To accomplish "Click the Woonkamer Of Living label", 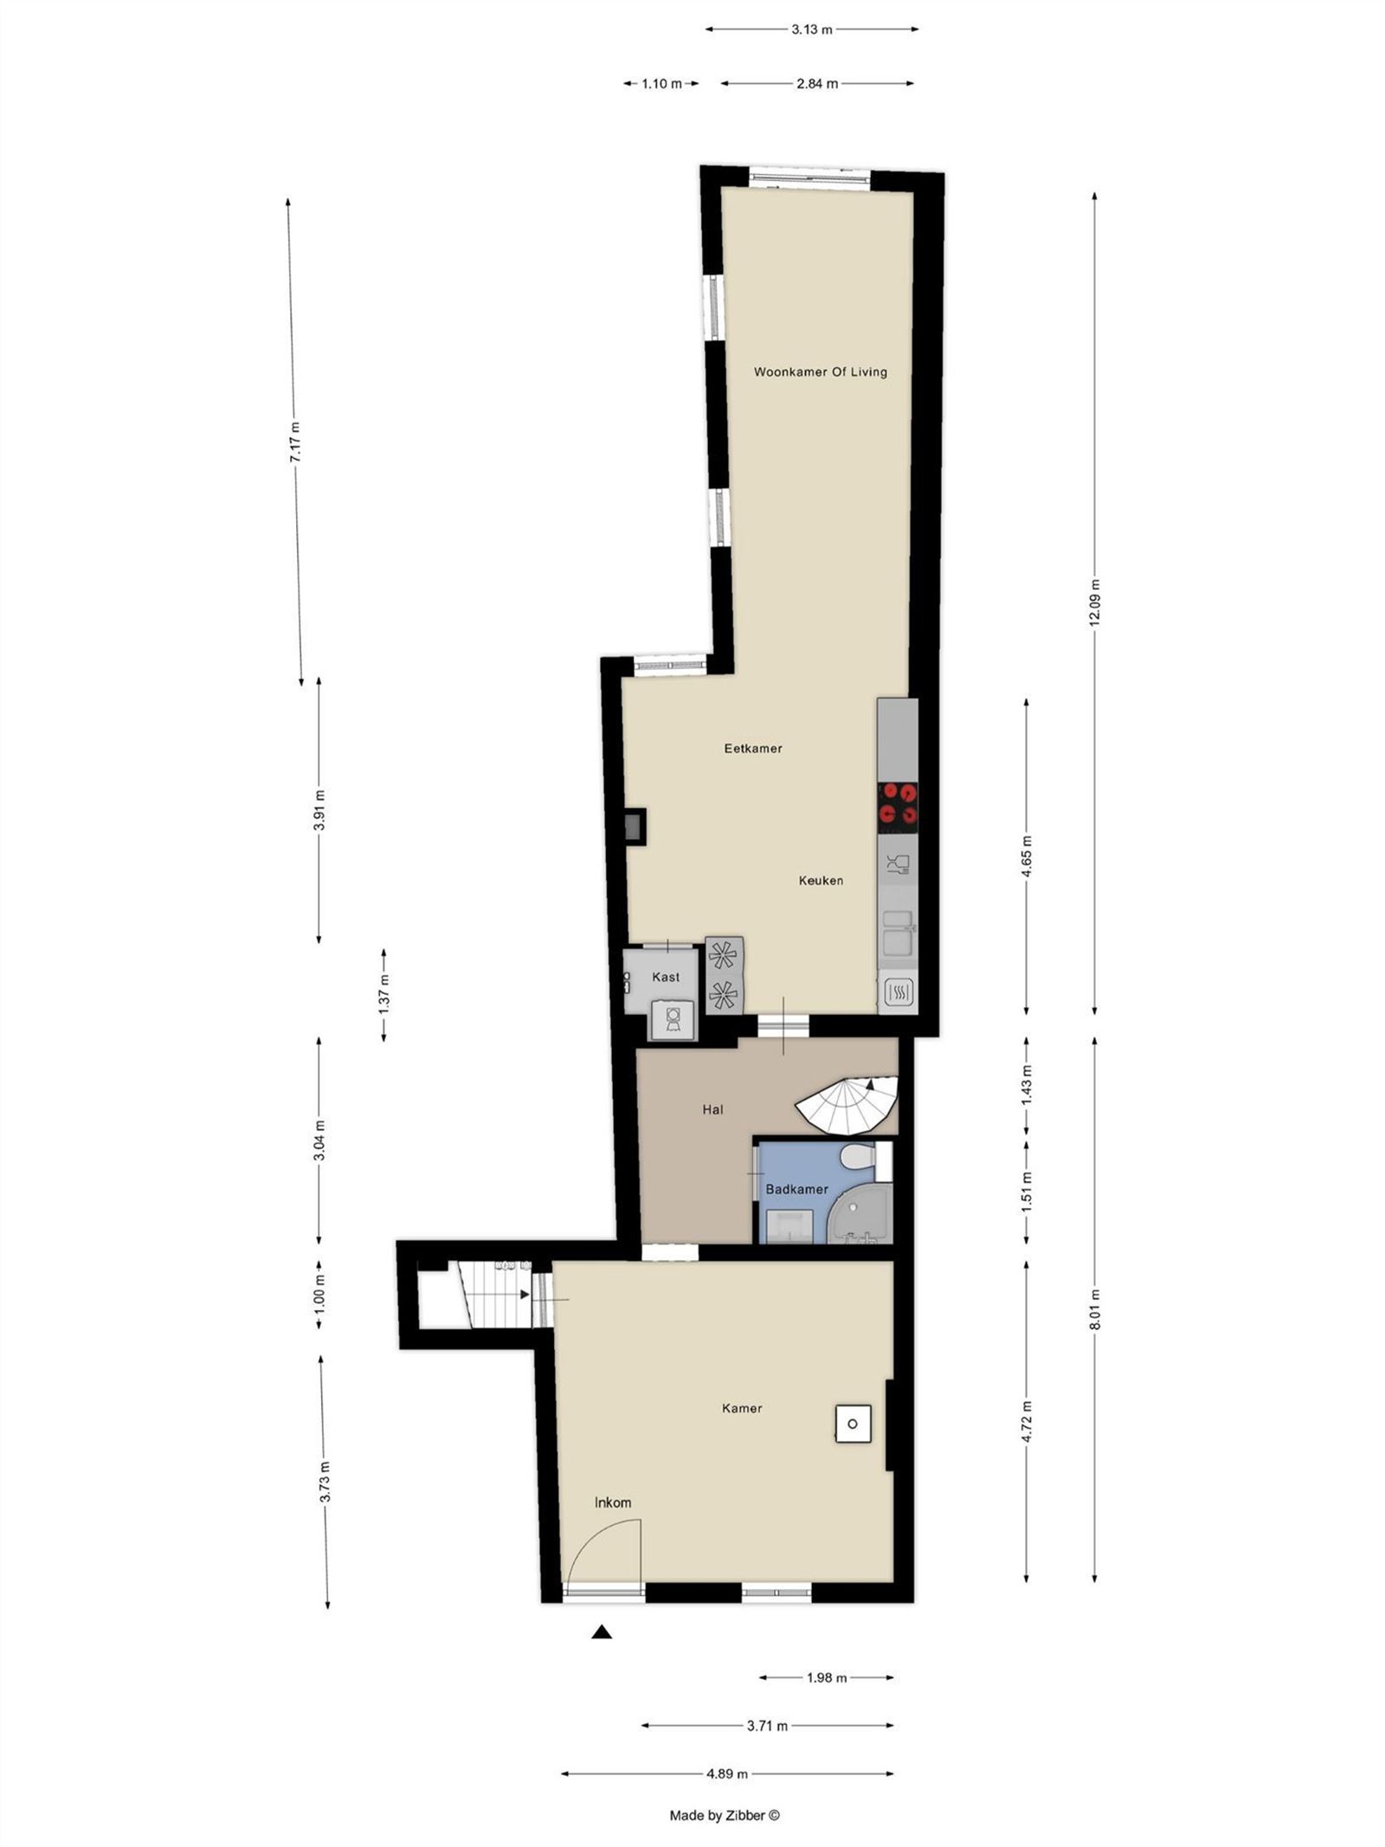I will point(820,372).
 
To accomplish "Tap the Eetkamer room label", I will point(753,748).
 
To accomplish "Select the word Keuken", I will point(821,881).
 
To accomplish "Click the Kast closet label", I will point(666,977).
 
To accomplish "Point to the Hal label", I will point(712,1109).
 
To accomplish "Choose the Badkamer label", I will point(796,1189).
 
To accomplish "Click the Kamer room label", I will point(742,1408).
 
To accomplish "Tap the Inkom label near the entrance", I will point(613,1502).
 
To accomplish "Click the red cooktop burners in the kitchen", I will point(898,803).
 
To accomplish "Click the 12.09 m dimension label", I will point(1094,602).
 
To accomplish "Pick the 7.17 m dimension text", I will point(295,443).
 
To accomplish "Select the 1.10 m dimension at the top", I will point(661,84).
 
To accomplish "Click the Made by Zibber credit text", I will point(725,1815).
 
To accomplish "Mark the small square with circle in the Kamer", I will point(853,1424).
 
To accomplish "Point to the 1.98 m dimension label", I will point(827,1677).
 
